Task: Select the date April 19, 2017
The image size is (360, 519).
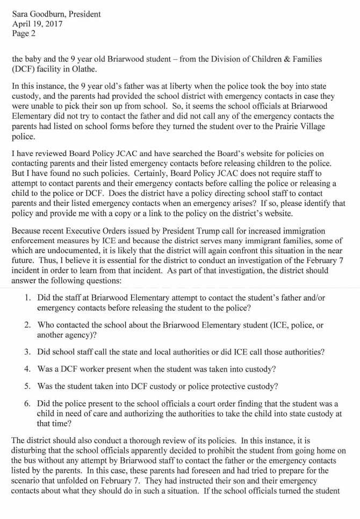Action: coord(37,24)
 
